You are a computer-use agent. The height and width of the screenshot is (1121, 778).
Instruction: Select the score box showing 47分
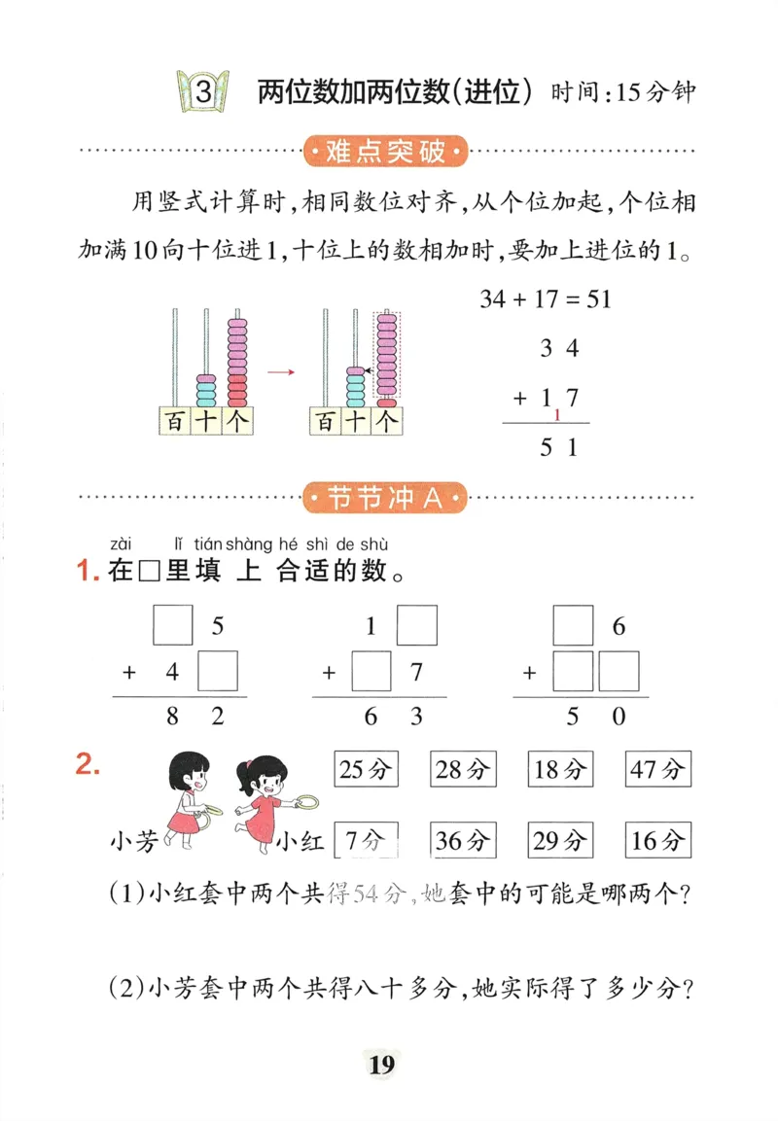click(658, 770)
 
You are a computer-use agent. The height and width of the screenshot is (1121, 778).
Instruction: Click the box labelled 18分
click(560, 770)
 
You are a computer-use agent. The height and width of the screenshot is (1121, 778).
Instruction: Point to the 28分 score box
click(463, 770)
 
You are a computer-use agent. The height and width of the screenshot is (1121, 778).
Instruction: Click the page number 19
click(381, 1066)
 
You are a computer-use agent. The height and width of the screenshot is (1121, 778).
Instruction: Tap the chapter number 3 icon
click(202, 92)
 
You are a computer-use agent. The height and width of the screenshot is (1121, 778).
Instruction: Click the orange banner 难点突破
click(386, 152)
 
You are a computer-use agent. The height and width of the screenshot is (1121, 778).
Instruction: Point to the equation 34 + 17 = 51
click(545, 298)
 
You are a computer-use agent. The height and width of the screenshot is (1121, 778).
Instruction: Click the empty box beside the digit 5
click(174, 625)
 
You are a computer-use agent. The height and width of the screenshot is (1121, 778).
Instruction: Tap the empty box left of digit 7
click(371, 672)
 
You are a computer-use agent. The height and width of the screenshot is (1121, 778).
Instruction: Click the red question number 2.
click(88, 765)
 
